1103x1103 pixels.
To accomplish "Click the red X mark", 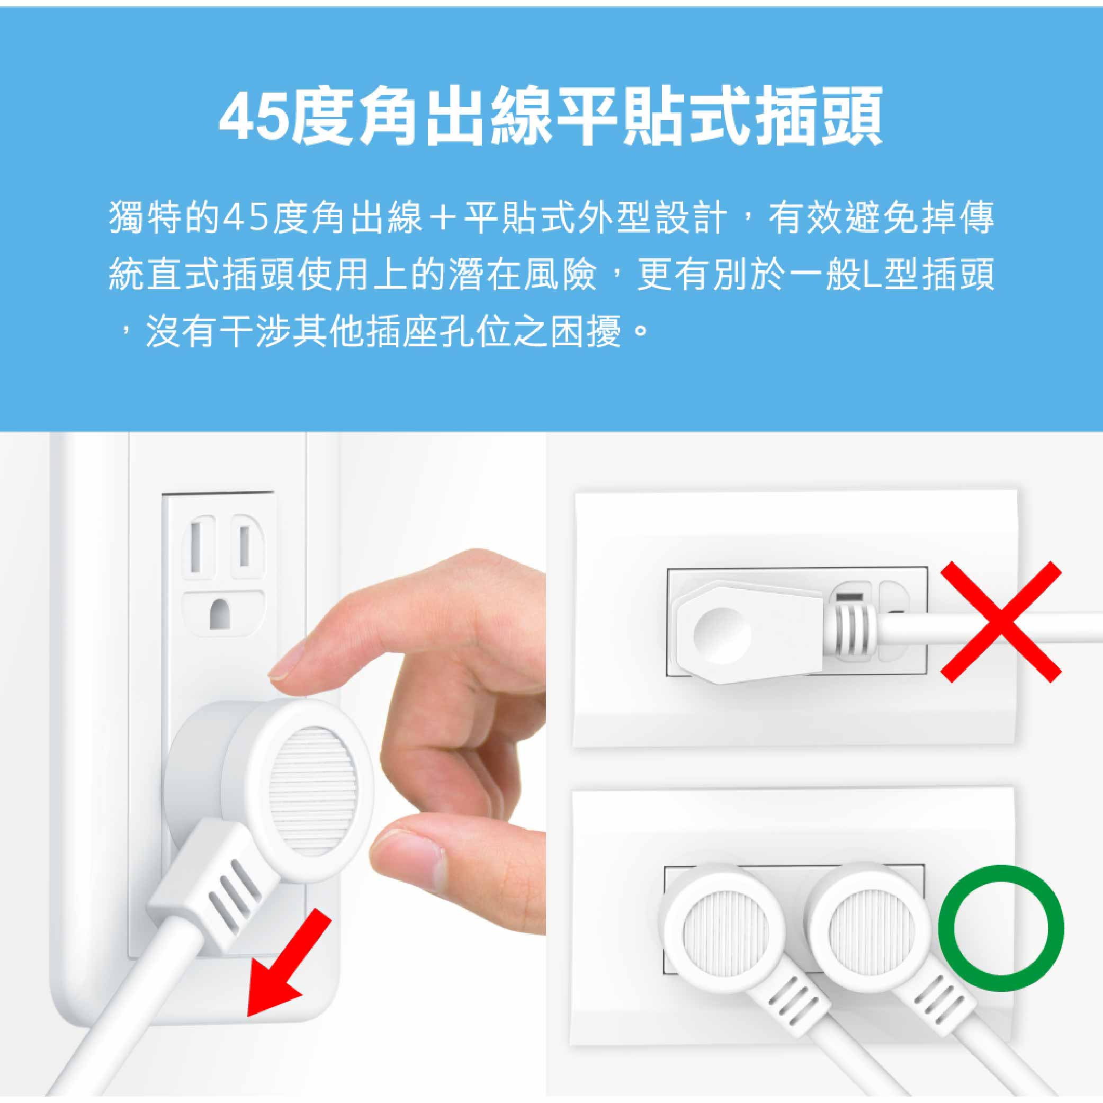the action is (1000, 622).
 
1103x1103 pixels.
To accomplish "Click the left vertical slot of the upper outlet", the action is (195, 546).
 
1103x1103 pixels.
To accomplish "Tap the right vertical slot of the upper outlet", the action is (244, 546).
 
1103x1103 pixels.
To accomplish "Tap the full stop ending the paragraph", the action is (642, 331).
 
